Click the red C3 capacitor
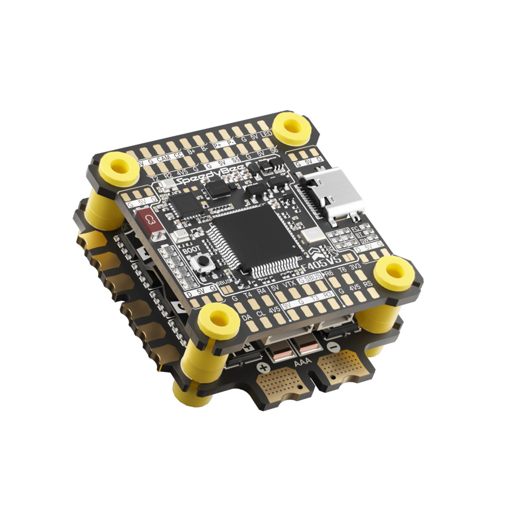pos(150,221)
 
